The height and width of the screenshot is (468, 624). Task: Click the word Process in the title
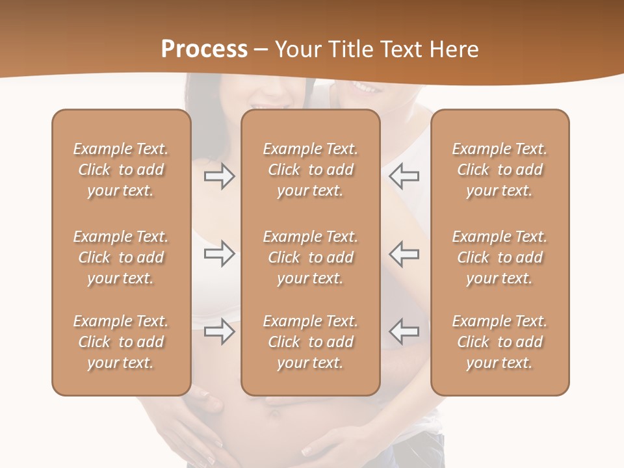coord(204,49)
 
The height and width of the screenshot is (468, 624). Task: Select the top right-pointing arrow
coord(220,176)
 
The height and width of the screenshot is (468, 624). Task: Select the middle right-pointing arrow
coord(220,253)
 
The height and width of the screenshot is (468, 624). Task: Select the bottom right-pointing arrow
coord(220,331)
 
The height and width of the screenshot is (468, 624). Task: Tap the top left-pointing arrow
coord(404,176)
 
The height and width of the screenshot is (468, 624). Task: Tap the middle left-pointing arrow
coord(404,253)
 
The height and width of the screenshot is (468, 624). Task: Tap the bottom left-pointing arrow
coord(404,331)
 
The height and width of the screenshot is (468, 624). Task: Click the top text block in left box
coord(121,170)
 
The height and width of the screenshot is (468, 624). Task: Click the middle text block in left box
coord(121,257)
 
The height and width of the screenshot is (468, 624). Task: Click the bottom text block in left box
coord(121,342)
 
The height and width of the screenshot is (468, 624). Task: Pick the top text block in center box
coord(310,170)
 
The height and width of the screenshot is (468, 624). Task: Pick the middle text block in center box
coord(310,257)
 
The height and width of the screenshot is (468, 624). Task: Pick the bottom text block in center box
coord(310,342)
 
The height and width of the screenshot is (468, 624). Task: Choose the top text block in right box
coord(499,170)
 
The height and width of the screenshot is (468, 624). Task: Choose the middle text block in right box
coord(499,257)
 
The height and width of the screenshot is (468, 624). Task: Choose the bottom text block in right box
coord(499,342)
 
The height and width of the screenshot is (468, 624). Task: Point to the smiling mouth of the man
coord(364,88)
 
